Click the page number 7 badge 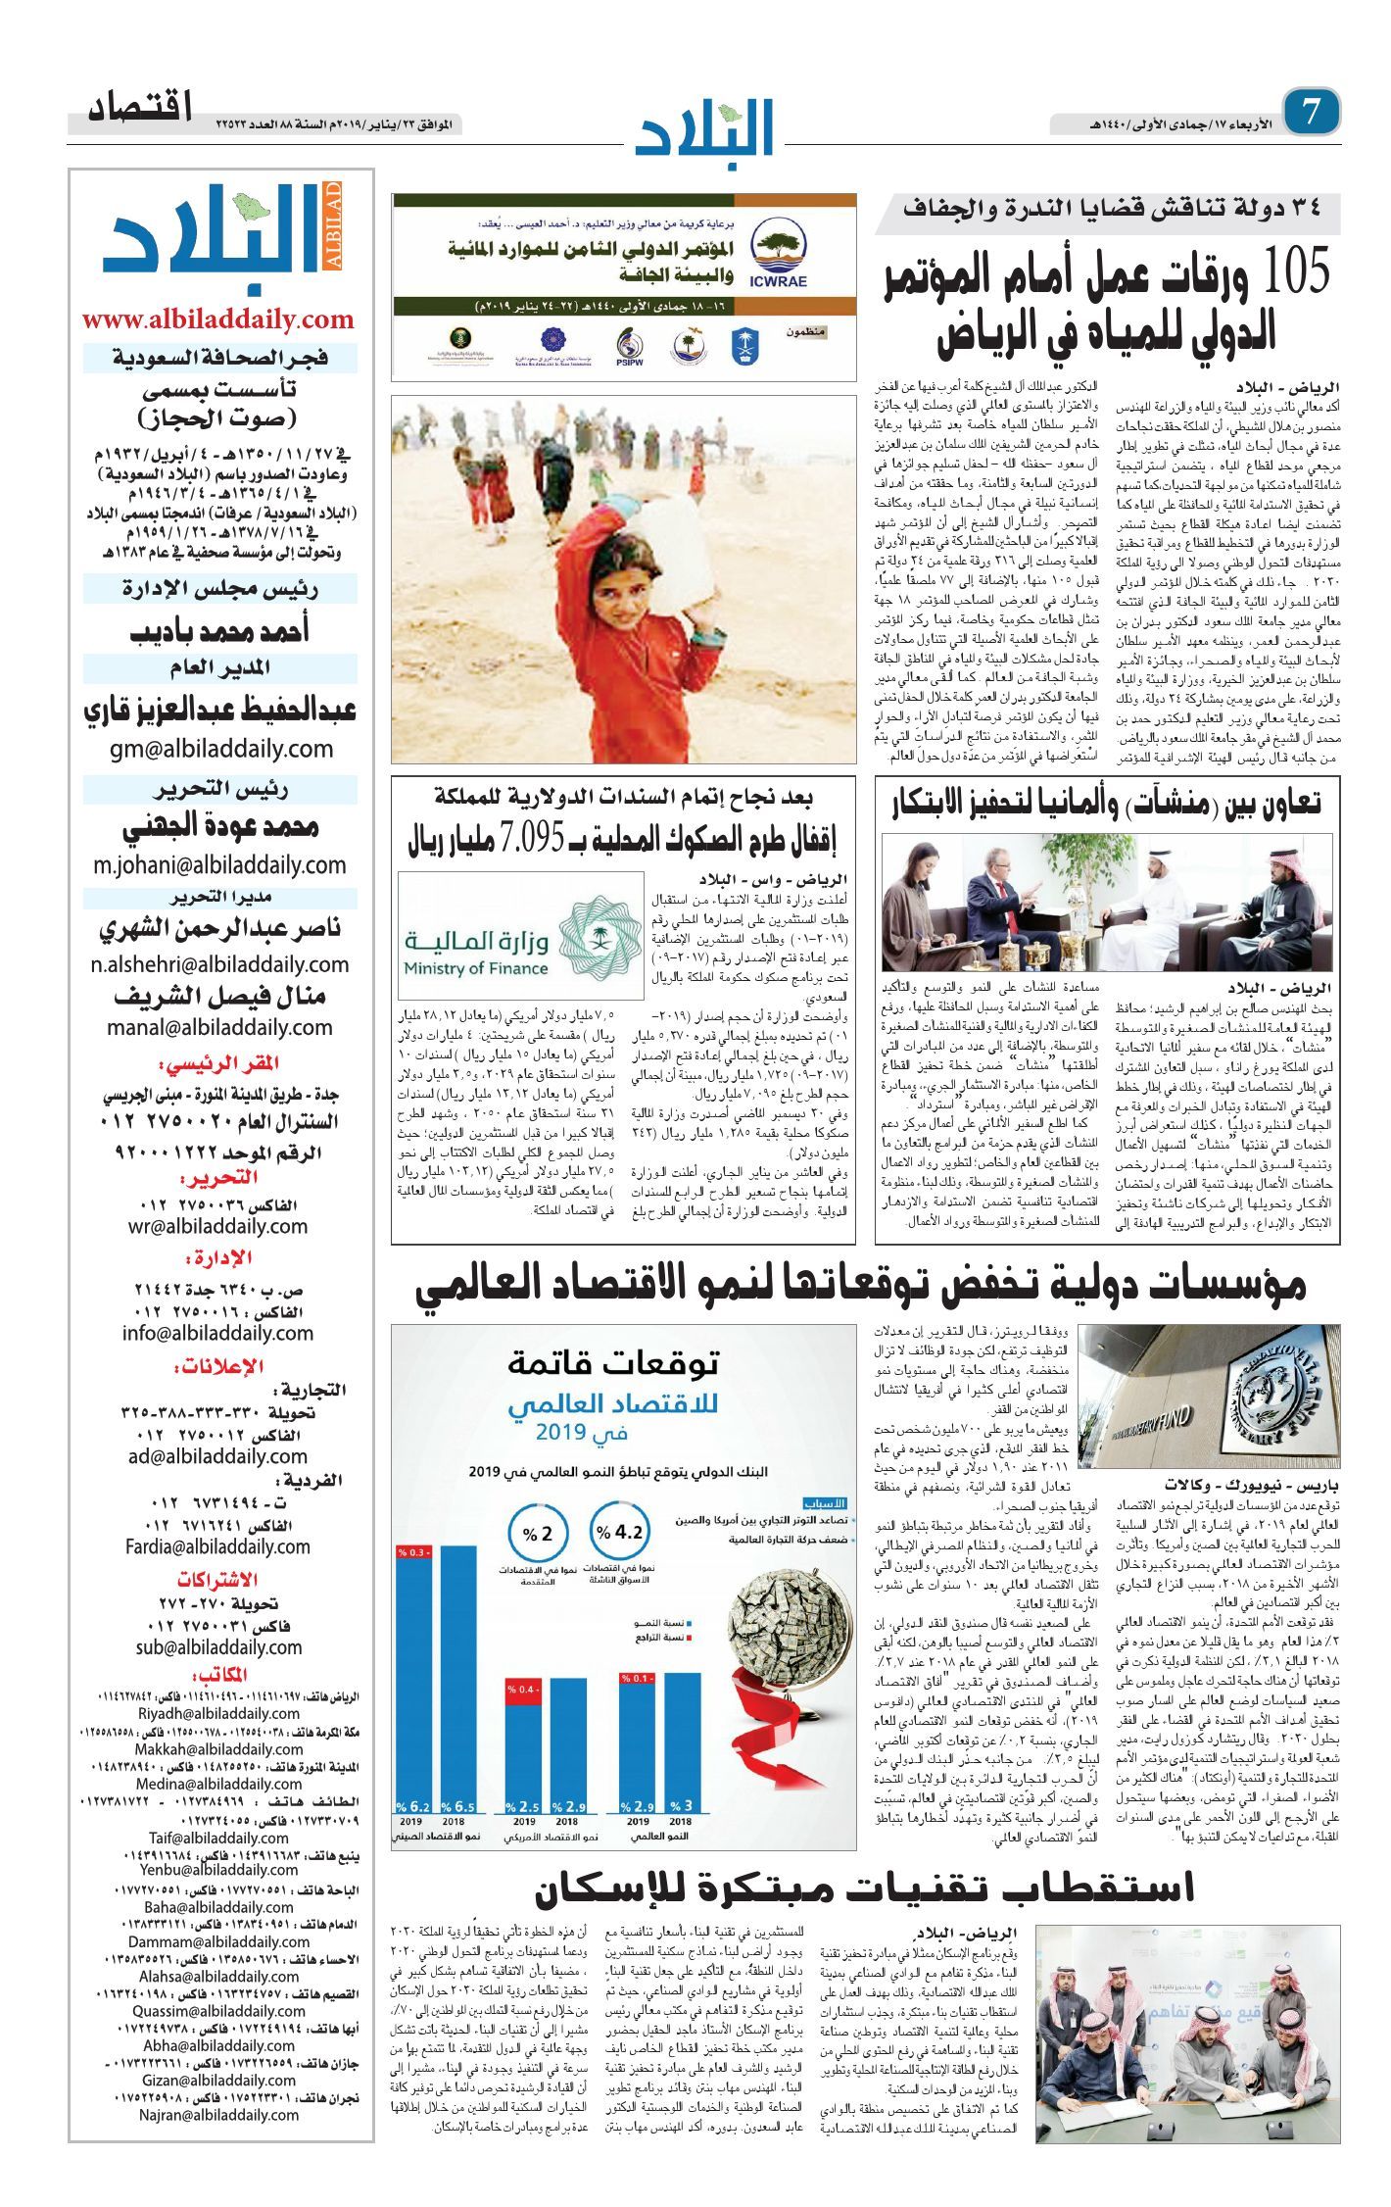click(x=1311, y=112)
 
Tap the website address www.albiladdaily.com click(x=218, y=319)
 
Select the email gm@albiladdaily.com click(x=220, y=749)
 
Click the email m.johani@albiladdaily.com click(x=220, y=865)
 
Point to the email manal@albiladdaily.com click(x=220, y=1027)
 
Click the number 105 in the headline click(x=1295, y=270)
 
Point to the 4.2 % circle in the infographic click(x=622, y=1533)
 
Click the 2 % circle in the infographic click(x=538, y=1535)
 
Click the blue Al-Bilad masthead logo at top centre click(x=704, y=126)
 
